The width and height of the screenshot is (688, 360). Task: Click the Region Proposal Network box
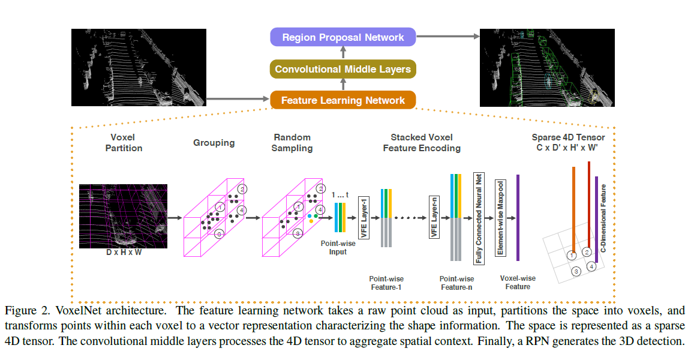coord(343,37)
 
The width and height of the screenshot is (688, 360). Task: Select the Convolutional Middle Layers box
coord(343,69)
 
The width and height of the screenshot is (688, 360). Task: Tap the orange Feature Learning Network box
coord(343,100)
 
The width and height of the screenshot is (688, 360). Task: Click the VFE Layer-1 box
coord(362,217)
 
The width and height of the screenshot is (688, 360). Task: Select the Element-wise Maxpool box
coord(499,217)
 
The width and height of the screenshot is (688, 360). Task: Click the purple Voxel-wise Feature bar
coord(518,217)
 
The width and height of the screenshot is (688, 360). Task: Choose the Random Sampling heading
coord(292,143)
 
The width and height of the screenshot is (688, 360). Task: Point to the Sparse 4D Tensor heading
coord(568,142)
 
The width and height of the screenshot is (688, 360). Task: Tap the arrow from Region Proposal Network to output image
coord(448,37)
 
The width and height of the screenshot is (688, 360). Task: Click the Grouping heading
coord(214,143)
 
